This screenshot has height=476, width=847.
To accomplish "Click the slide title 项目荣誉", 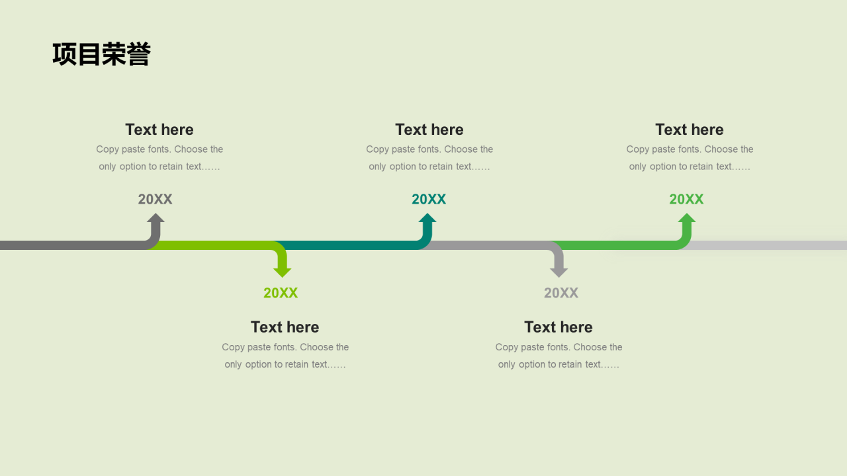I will click(101, 54).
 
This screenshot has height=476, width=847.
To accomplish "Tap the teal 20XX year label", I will click(429, 199).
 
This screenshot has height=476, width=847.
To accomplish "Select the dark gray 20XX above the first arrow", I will click(155, 199).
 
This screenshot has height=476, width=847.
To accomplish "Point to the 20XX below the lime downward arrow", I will click(281, 293).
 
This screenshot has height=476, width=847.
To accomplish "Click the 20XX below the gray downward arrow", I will click(561, 293).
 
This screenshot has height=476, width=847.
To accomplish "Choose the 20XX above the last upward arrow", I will click(686, 199).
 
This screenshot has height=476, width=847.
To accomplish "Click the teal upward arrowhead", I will click(427, 219).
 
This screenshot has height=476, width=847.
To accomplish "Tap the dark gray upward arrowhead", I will click(156, 219).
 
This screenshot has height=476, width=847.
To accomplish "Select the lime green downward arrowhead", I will click(283, 271).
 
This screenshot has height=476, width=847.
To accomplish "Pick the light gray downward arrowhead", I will click(559, 271).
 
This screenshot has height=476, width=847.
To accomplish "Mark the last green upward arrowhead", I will click(687, 219).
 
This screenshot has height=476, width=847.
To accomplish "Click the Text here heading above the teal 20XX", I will click(429, 130).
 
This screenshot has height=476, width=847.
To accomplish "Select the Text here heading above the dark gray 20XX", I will click(159, 130).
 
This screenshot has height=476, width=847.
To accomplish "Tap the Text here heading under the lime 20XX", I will click(285, 327).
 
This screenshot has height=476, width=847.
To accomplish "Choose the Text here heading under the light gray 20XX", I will click(558, 327).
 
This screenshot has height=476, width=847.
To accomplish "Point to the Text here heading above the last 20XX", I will click(690, 130).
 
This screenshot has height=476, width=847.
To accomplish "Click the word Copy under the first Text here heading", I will click(107, 149).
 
